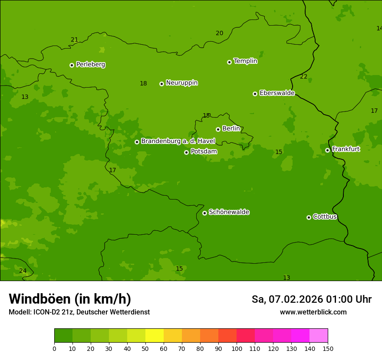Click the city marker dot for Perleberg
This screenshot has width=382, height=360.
click(72, 65)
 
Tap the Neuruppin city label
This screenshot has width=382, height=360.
click(181, 83)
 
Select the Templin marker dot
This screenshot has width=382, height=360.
click(229, 62)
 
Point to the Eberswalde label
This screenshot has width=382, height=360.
click(277, 93)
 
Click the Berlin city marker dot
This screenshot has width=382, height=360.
click(218, 129)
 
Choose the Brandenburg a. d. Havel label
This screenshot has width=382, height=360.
click(178, 141)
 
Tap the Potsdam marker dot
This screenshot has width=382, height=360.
click(186, 152)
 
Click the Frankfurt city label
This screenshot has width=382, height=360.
click(346, 149)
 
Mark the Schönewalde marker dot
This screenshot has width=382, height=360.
click(204, 213)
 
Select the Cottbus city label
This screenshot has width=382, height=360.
click(325, 217)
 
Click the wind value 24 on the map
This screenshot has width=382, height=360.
click(23, 271)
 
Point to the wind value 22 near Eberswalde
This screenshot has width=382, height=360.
click(303, 77)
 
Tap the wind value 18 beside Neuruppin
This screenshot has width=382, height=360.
click(143, 84)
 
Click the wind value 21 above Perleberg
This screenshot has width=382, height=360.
click(75, 40)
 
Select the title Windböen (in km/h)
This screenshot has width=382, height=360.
click(70, 299)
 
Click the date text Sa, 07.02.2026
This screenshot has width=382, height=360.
click(287, 299)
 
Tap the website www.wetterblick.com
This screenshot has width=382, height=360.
click(313, 312)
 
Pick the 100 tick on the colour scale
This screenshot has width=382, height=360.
click(237, 348)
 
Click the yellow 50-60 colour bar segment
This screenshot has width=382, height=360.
click(155, 336)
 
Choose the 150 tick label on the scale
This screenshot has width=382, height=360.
click(328, 348)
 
